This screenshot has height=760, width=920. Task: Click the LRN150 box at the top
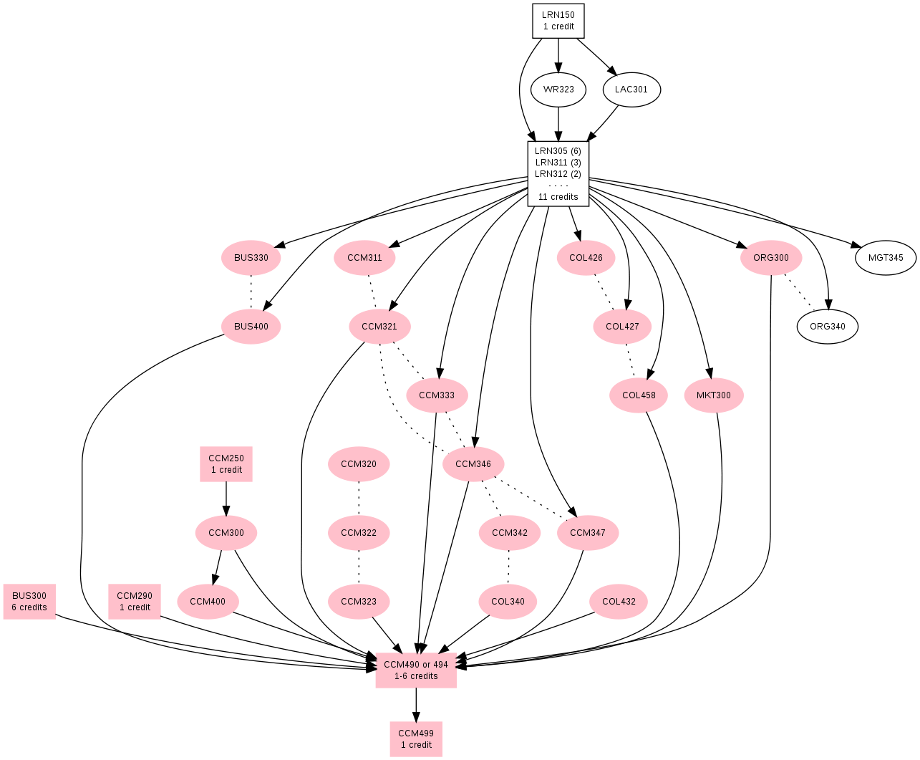click(558, 21)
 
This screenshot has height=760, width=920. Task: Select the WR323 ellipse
click(558, 90)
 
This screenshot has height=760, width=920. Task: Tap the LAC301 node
click(631, 90)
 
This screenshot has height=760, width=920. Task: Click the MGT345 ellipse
click(886, 258)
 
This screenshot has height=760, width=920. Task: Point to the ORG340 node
click(827, 327)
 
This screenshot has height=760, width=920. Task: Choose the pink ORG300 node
click(771, 258)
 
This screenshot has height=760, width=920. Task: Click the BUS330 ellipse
click(251, 258)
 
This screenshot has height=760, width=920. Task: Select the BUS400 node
click(251, 327)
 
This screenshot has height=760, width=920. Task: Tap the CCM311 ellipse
click(364, 258)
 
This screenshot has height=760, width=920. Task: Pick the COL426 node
click(586, 258)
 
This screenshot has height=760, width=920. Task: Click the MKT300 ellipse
click(713, 395)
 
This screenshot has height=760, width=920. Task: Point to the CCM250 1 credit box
click(226, 464)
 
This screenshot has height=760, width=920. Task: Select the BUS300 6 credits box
click(29, 602)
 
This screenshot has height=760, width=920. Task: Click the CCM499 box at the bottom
click(416, 739)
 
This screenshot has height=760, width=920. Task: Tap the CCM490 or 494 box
click(416, 670)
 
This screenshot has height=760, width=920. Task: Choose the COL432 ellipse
click(619, 602)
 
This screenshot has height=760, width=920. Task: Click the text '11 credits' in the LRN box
click(558, 197)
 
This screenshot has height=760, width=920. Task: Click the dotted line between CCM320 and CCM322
click(359, 499)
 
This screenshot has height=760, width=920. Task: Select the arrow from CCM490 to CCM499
click(416, 705)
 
